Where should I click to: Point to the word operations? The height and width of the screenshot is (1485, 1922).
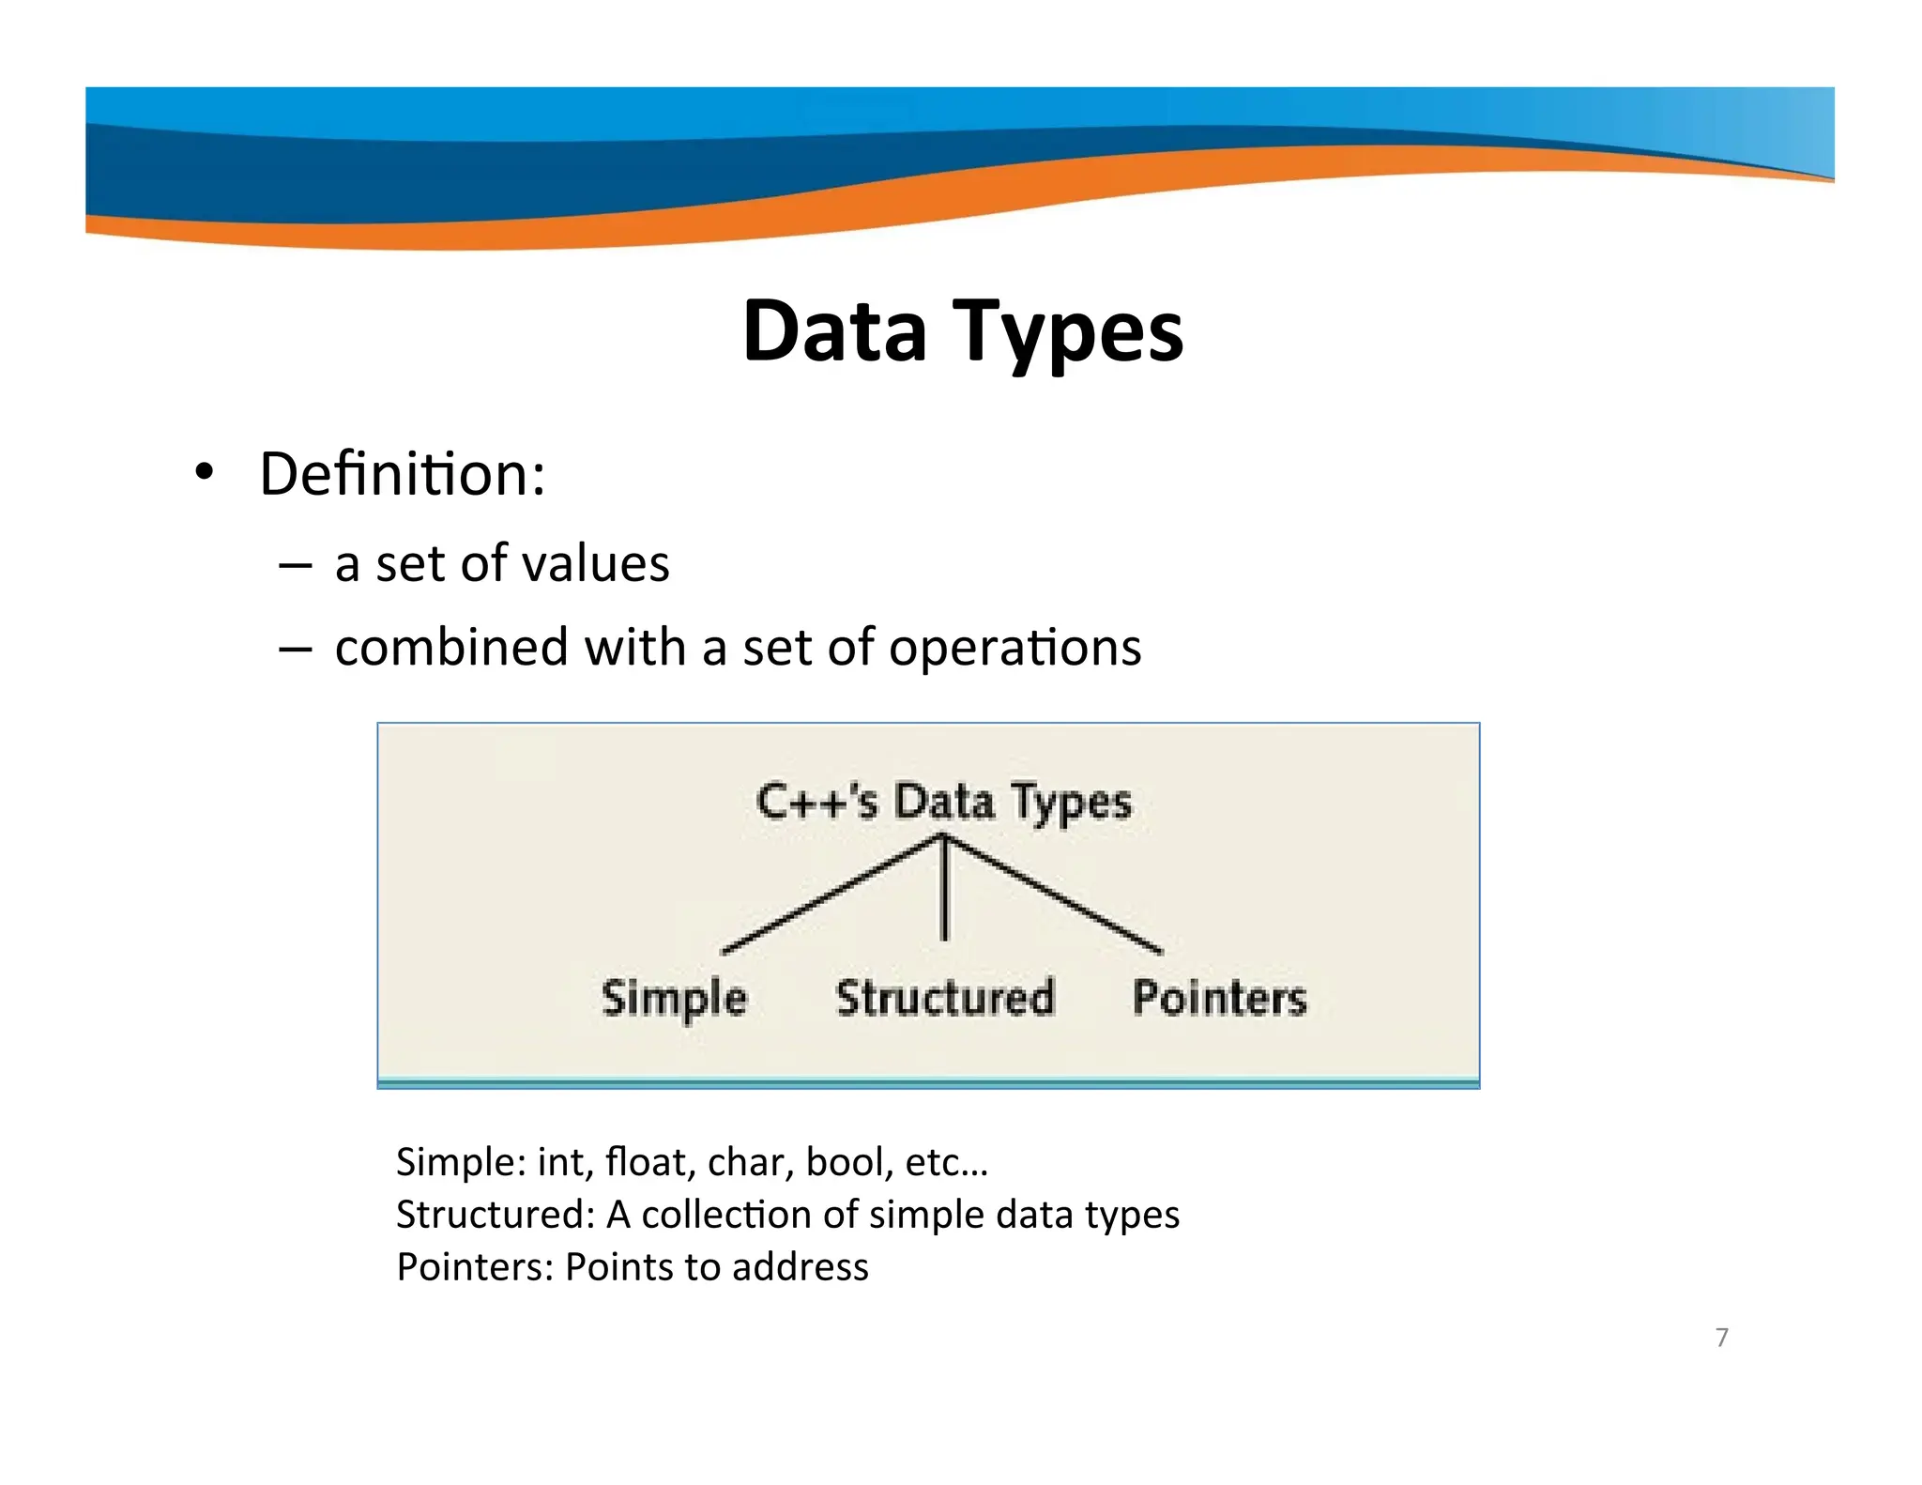point(1014,648)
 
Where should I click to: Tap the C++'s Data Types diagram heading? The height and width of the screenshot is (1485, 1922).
point(944,803)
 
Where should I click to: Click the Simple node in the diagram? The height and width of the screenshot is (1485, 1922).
point(674,998)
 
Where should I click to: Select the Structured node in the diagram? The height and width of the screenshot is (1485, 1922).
point(944,997)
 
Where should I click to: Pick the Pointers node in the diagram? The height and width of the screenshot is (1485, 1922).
point(1219,997)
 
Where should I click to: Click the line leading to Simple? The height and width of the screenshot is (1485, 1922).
point(831,895)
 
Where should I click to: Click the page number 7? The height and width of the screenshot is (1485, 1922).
point(1721,1337)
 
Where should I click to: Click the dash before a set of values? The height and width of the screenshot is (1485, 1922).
point(296,565)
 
